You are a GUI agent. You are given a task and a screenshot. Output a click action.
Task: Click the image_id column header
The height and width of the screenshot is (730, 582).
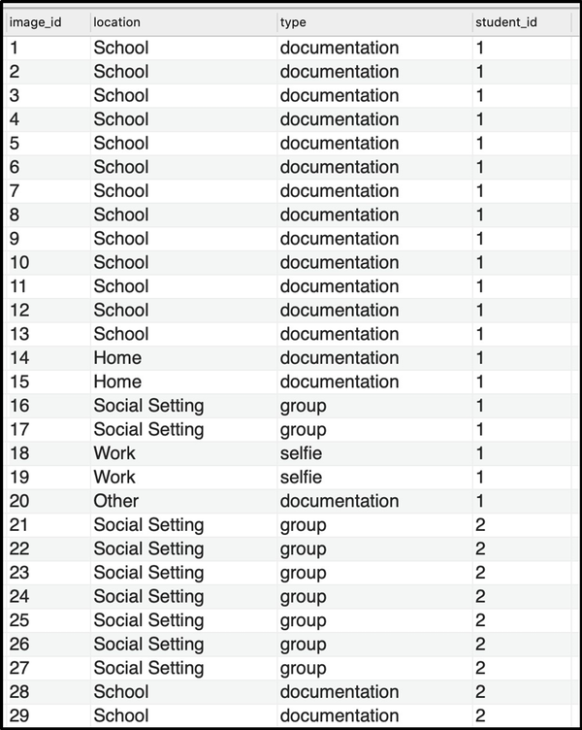(35, 21)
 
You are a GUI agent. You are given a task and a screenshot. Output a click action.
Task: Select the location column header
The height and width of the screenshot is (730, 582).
(116, 21)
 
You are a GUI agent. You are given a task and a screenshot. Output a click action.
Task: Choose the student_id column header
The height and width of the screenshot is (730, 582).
(505, 21)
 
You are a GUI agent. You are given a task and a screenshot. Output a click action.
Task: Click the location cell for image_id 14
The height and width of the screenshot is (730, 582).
(117, 358)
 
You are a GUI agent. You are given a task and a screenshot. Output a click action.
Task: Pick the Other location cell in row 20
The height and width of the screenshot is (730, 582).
(116, 501)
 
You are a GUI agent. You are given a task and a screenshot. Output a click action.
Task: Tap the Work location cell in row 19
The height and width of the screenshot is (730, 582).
(114, 478)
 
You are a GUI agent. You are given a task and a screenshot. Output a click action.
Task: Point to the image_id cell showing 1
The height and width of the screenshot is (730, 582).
(14, 48)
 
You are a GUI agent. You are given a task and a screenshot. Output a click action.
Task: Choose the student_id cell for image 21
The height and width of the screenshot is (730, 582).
(480, 525)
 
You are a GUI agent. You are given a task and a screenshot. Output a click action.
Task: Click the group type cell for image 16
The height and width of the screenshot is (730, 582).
(304, 406)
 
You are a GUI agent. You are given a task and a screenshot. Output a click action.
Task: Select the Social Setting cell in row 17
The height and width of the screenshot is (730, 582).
(148, 429)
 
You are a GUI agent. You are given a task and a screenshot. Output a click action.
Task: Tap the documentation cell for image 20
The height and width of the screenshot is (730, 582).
(339, 501)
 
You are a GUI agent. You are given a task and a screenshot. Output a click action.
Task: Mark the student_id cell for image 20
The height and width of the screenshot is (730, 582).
(479, 501)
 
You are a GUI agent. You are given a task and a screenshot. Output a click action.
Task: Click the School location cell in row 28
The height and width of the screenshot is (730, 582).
(121, 692)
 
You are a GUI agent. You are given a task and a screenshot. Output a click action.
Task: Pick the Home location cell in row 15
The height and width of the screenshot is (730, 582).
(117, 382)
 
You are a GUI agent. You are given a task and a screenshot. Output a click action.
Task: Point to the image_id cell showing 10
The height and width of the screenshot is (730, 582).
(19, 262)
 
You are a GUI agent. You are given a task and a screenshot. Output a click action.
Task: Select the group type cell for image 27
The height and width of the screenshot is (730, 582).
(304, 668)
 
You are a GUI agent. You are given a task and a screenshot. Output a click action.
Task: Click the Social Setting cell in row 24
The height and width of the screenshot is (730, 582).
(148, 596)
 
